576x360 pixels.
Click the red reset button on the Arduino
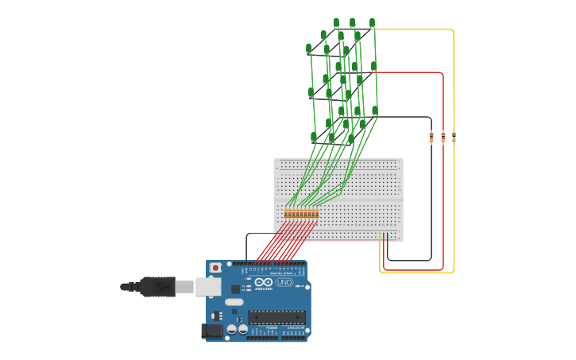215,269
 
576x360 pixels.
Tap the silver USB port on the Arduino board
208,286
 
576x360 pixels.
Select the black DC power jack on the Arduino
212,331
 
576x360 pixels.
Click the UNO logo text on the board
284,282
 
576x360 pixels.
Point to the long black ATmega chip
276,317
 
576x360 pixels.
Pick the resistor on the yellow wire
454,137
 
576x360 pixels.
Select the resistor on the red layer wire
443,137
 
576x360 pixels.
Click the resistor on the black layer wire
431,137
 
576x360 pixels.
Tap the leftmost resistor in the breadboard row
286,213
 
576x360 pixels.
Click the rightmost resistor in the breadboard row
317,213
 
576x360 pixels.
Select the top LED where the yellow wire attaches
372,23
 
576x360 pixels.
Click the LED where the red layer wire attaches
373,67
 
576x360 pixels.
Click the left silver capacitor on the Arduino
231,328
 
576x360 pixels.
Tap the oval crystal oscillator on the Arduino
234,302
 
